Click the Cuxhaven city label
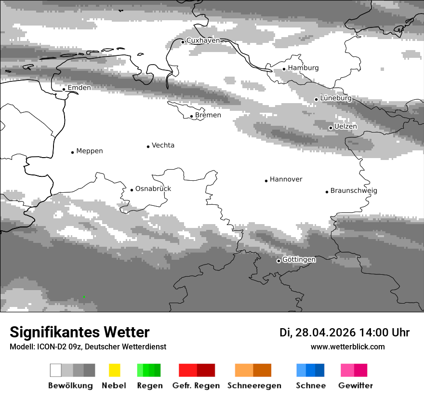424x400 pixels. [203, 40]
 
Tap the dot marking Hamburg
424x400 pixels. [284, 69]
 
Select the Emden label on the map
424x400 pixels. [79, 88]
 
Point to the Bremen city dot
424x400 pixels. [191, 116]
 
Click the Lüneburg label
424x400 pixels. [336, 98]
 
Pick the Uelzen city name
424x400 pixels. [345, 126]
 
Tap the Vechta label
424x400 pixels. [163, 146]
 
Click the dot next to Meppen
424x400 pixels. [72, 152]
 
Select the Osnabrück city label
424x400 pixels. [153, 189]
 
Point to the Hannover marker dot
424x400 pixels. [266, 181]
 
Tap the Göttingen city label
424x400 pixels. [299, 260]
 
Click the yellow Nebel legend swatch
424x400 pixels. [114, 370]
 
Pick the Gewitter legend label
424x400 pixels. [356, 386]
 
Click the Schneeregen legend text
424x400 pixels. [254, 386]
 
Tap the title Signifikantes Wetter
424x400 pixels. [79, 332]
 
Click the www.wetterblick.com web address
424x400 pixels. [347, 347]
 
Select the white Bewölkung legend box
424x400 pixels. [56, 370]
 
